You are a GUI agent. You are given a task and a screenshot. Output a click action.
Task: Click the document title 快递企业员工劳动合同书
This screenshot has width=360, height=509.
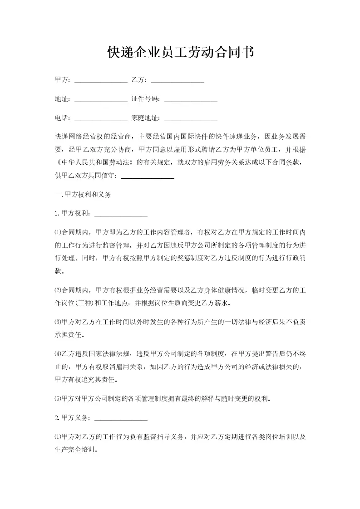coord(180,53)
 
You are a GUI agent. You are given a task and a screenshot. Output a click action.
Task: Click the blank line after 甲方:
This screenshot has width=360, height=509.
coord(100,81)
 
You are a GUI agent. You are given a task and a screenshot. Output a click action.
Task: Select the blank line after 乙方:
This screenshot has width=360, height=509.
coord(177,81)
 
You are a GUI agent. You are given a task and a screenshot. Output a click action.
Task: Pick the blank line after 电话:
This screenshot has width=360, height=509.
coord(100,118)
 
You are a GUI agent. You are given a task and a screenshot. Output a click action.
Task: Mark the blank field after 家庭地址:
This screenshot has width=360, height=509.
coord(191,118)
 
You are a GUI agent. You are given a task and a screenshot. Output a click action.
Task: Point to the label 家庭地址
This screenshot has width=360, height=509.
coord(145,118)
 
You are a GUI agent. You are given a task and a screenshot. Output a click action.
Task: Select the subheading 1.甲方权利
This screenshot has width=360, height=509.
coord(72,213)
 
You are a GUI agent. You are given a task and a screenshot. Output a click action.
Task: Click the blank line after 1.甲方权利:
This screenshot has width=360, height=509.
coord(121,213)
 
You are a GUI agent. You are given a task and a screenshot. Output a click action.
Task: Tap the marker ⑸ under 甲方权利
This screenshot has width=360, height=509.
coord(57,399)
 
